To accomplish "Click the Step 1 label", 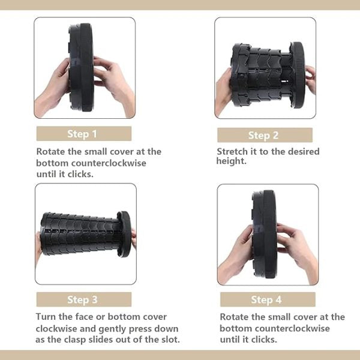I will point(83,133).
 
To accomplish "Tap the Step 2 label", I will point(264,135).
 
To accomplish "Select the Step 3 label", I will point(83,299).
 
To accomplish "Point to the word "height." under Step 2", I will point(230,161).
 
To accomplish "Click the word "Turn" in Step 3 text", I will point(47,317).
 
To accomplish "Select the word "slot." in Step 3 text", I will point(167,340).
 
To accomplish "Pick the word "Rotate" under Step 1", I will point(52,152).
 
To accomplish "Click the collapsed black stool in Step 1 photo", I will point(81,67).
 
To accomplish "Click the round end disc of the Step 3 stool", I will point(124,234).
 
